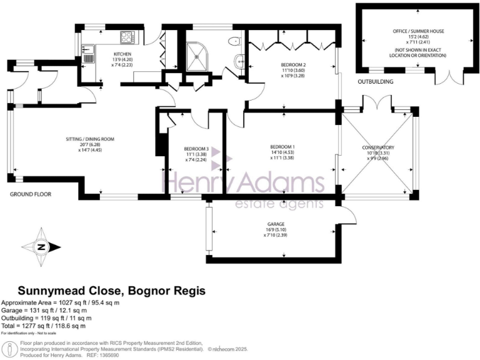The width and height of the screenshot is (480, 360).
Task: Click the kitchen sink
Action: pyautogui.click(x=88, y=53)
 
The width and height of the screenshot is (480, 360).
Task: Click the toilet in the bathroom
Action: pyautogui.click(x=234, y=41)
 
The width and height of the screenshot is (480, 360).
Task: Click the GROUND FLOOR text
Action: pyautogui.click(x=30, y=195)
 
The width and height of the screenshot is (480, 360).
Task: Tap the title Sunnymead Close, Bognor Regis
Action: pyautogui.click(x=111, y=291)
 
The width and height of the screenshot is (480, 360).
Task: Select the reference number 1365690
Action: pyautogui.click(x=147, y=354)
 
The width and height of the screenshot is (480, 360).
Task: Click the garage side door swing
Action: pyautogui.click(x=349, y=216)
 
